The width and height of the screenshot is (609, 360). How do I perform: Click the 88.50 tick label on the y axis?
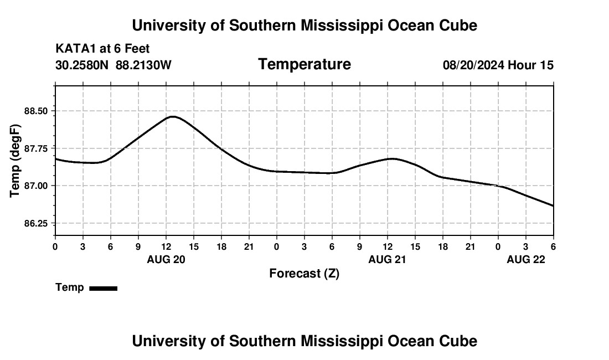pyautogui.click(x=37, y=111)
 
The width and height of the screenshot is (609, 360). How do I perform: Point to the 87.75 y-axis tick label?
pyautogui.click(x=37, y=148)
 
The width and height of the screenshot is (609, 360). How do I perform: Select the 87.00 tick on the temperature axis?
pyautogui.click(x=37, y=186)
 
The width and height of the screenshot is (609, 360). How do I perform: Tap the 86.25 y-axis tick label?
pyautogui.click(x=37, y=223)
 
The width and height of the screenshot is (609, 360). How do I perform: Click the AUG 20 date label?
pyautogui.click(x=166, y=259)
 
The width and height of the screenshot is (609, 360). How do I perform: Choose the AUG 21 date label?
pyautogui.click(x=388, y=259)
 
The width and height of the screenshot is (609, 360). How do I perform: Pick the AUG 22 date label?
pyautogui.click(x=526, y=259)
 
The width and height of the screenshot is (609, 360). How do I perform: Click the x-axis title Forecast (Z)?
pyautogui.click(x=304, y=274)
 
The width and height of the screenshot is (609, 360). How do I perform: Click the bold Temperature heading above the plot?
pyautogui.click(x=304, y=64)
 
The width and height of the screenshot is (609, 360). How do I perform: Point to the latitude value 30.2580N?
pyautogui.click(x=82, y=65)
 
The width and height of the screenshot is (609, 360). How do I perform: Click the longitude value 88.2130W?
pyautogui.click(x=143, y=65)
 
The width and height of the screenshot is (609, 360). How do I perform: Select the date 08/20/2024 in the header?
pyautogui.click(x=473, y=65)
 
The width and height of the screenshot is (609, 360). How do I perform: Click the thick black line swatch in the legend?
pyautogui.click(x=103, y=288)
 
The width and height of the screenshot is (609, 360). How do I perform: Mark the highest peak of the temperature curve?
pyautogui.click(x=173, y=116)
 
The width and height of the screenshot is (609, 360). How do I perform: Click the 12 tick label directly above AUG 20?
pyautogui.click(x=166, y=246)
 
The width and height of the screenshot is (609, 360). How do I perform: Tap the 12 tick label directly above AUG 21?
pyautogui.click(x=388, y=246)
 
